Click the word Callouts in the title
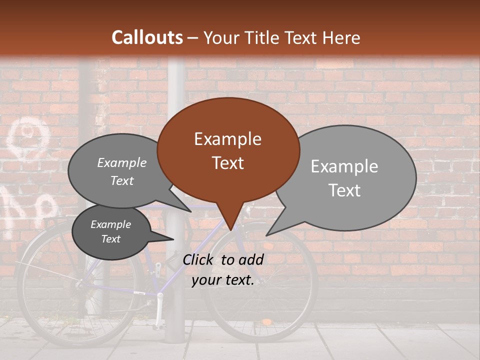147,37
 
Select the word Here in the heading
339,37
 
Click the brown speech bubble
228,150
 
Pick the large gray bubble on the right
350,177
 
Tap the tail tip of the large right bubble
267,234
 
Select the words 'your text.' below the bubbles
222,280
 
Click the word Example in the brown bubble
227,139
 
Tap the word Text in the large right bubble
344,190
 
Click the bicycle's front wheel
260,285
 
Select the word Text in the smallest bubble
111,239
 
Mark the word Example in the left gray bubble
122,163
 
